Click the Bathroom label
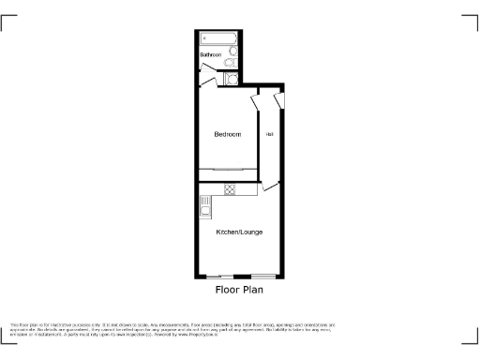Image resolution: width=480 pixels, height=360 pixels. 211,55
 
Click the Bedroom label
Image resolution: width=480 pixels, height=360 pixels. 228,135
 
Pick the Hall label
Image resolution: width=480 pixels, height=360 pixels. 270,134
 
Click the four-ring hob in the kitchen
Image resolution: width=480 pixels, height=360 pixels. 229,189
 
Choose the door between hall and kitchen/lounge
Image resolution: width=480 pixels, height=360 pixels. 270,187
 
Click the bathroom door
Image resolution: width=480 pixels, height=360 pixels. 205,68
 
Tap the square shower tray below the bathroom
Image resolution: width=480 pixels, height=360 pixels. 232,79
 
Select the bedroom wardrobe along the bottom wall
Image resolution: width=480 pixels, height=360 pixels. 228,169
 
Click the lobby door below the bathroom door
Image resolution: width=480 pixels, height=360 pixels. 204,83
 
